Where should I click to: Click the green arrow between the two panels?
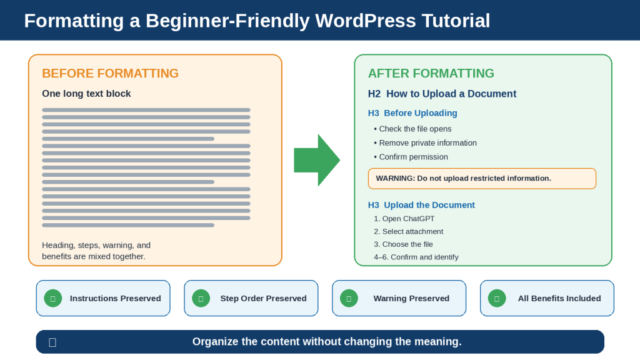(x=317, y=160)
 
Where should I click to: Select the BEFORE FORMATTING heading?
(x=110, y=74)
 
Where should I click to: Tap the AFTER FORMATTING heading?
(x=431, y=74)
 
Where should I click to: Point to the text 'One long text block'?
(x=86, y=94)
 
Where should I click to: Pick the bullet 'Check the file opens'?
(x=412, y=129)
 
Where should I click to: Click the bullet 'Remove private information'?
(x=425, y=143)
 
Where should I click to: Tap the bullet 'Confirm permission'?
(x=411, y=157)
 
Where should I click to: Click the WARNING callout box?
(x=482, y=178)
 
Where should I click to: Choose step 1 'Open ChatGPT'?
(x=404, y=219)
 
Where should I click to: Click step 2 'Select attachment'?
(x=409, y=231)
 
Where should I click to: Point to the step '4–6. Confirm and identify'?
(x=416, y=257)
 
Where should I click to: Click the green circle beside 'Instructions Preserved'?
(x=53, y=298)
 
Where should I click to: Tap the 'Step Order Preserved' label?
(x=263, y=298)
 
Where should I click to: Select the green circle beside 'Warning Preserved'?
(x=349, y=298)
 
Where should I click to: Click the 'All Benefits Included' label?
(x=559, y=298)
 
